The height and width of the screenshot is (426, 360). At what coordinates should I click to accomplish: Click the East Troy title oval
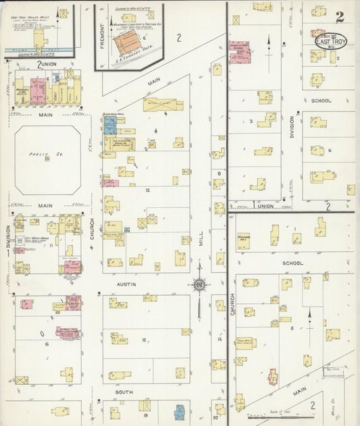click(x=331, y=41)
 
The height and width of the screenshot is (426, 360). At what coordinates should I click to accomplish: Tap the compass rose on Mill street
click(x=200, y=284)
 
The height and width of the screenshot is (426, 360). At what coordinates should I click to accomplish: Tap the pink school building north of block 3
click(x=240, y=53)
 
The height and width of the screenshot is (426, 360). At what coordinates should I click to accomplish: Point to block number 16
click(x=47, y=344)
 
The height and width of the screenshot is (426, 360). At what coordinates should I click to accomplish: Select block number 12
click(x=146, y=191)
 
